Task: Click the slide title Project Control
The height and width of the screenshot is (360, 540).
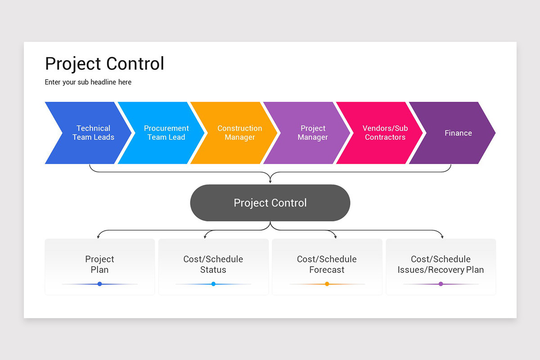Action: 104,64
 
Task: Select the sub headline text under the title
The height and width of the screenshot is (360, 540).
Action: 88,82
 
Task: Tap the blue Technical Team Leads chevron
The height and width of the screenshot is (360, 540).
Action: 90,133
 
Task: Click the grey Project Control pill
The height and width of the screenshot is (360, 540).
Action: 270,203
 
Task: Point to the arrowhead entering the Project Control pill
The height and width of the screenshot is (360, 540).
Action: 270,181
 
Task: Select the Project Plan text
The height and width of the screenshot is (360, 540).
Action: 99,265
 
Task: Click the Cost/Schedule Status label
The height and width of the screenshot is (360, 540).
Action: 213,265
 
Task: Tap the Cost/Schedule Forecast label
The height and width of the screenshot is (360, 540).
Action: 327,265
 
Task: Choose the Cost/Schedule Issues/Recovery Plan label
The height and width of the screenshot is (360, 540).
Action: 441,265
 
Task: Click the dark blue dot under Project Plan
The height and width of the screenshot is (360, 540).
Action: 99,284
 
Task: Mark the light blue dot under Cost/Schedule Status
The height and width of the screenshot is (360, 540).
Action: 213,284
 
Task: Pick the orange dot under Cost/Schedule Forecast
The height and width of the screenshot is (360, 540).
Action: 327,284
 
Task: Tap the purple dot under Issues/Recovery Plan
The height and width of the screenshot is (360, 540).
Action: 441,284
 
